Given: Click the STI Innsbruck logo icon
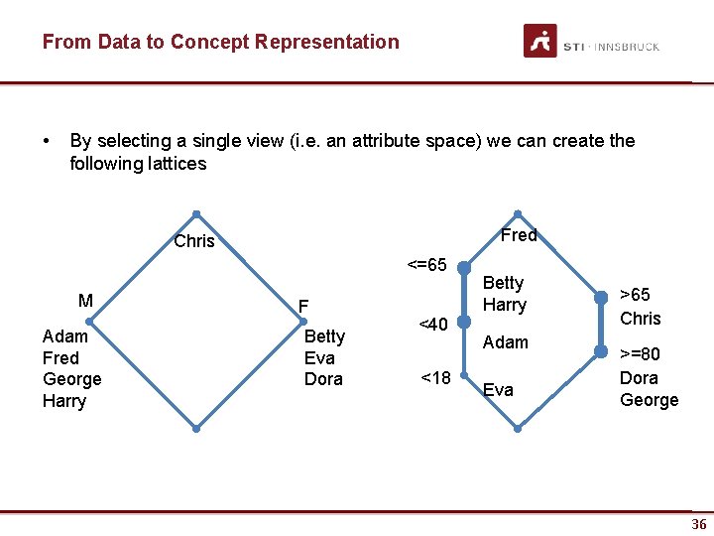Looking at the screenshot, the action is [540, 41].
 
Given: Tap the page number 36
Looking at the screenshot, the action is [699, 524].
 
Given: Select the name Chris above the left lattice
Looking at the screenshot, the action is [193, 241].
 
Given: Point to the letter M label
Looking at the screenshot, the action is [86, 301].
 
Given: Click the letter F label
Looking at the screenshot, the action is [304, 306].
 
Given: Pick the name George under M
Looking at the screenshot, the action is [71, 379].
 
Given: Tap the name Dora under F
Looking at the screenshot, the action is [323, 379].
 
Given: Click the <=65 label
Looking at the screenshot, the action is [426, 265].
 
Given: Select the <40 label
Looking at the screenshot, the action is [433, 324].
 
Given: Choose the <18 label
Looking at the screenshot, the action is [435, 377].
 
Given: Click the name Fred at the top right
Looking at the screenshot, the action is [519, 235].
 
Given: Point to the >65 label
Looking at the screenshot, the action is [635, 295].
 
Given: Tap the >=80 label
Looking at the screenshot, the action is [640, 354].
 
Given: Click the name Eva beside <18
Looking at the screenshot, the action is [498, 390].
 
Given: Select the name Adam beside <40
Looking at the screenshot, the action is [506, 342].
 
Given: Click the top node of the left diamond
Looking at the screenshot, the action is [196, 213].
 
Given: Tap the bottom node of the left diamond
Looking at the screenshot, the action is [196, 429].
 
